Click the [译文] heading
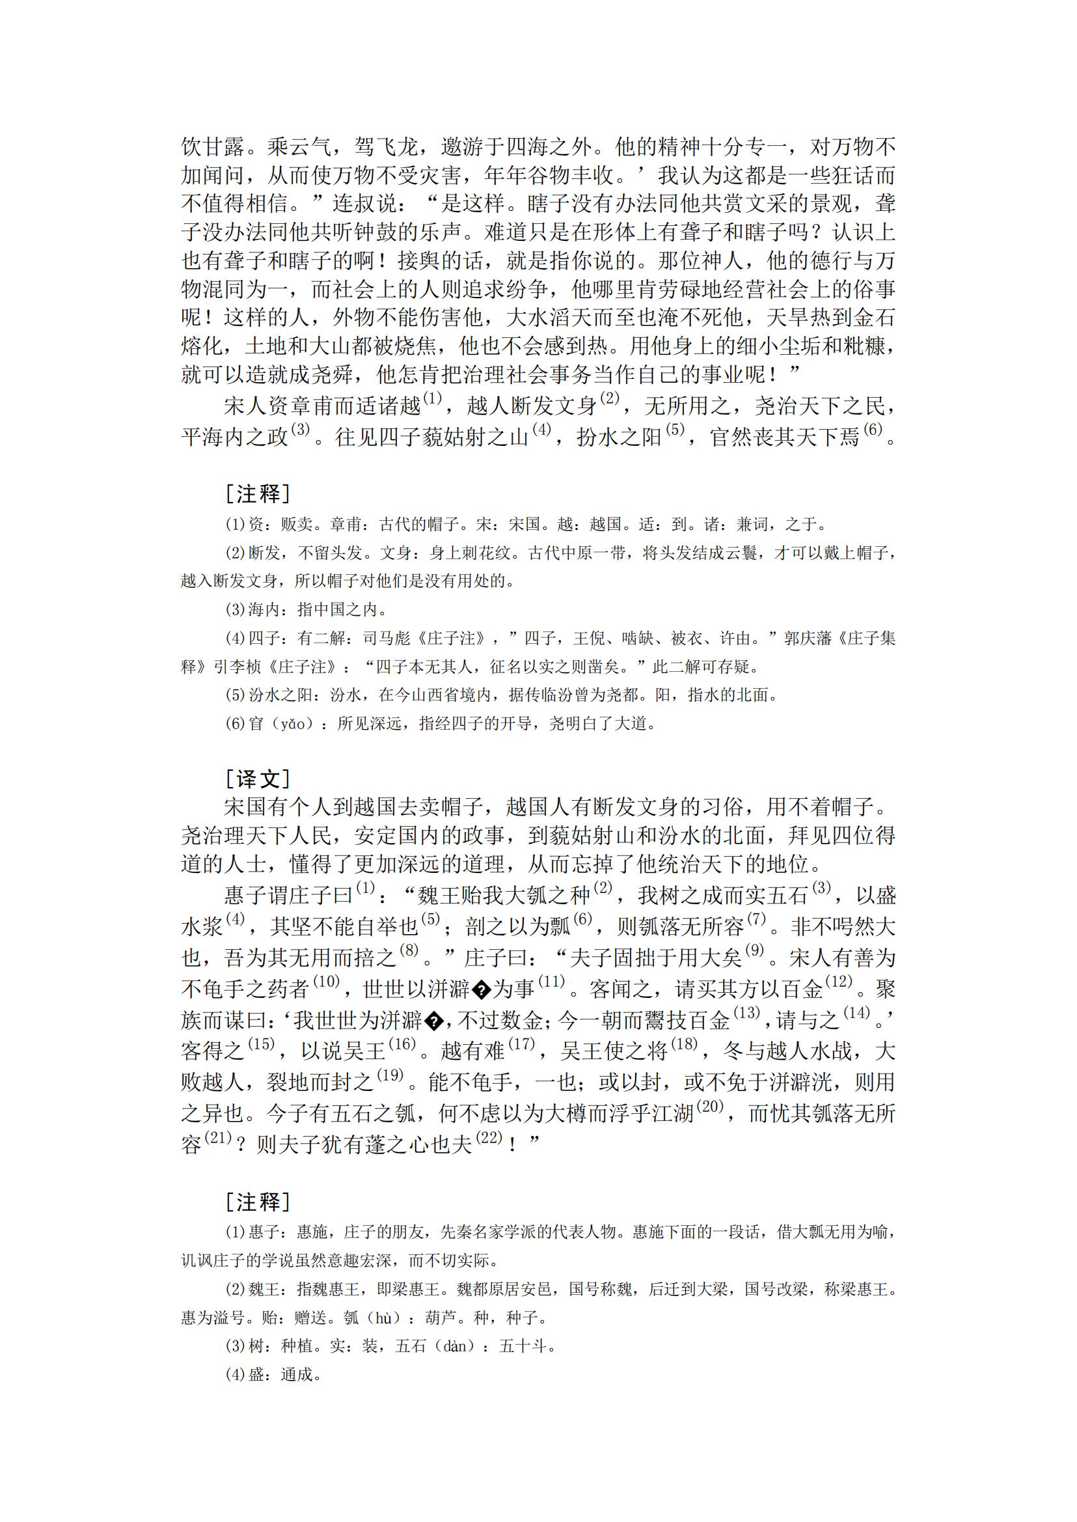257,778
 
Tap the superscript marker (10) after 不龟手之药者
325,981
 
